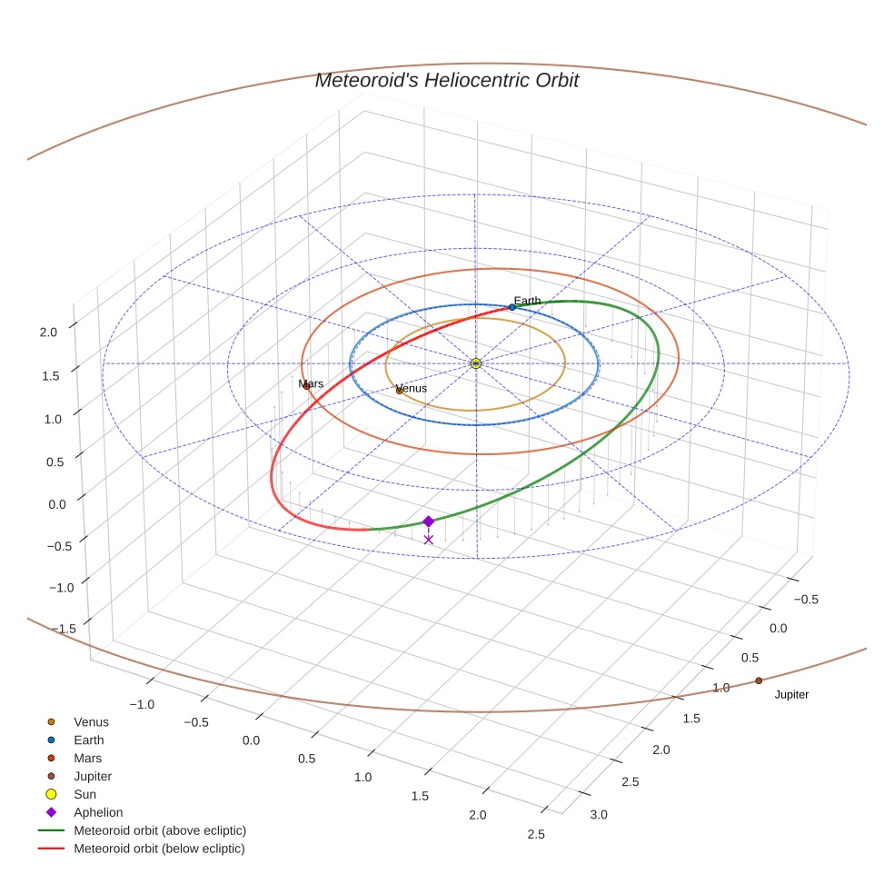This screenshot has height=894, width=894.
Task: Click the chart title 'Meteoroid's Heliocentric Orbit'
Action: pos(446,80)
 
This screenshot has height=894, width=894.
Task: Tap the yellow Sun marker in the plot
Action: pos(475,363)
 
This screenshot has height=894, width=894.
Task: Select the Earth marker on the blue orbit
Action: pos(512,307)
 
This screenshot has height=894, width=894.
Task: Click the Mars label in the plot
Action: pos(311,384)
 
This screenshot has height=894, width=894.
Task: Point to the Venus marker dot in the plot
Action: pos(399,391)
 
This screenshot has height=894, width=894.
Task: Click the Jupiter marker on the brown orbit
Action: pos(758,680)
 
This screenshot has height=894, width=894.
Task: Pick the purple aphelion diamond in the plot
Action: pos(428,521)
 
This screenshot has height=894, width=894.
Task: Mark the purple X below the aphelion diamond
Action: pos(428,540)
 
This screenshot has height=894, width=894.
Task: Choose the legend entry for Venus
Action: pos(91,722)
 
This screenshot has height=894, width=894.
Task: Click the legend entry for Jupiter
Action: pos(93,777)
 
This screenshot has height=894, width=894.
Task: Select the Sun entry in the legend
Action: pos(84,794)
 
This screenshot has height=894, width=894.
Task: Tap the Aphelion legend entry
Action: pos(98,812)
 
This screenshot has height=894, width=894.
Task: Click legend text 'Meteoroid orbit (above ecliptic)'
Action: pos(160,830)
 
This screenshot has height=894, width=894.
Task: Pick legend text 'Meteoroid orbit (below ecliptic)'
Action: pos(159,849)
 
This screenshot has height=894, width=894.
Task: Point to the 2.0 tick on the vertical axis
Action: pos(48,333)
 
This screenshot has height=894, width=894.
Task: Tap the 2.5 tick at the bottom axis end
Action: pos(535,835)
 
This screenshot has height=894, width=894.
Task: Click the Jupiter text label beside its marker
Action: pos(791,695)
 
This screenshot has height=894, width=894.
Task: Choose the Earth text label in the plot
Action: pos(527,301)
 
